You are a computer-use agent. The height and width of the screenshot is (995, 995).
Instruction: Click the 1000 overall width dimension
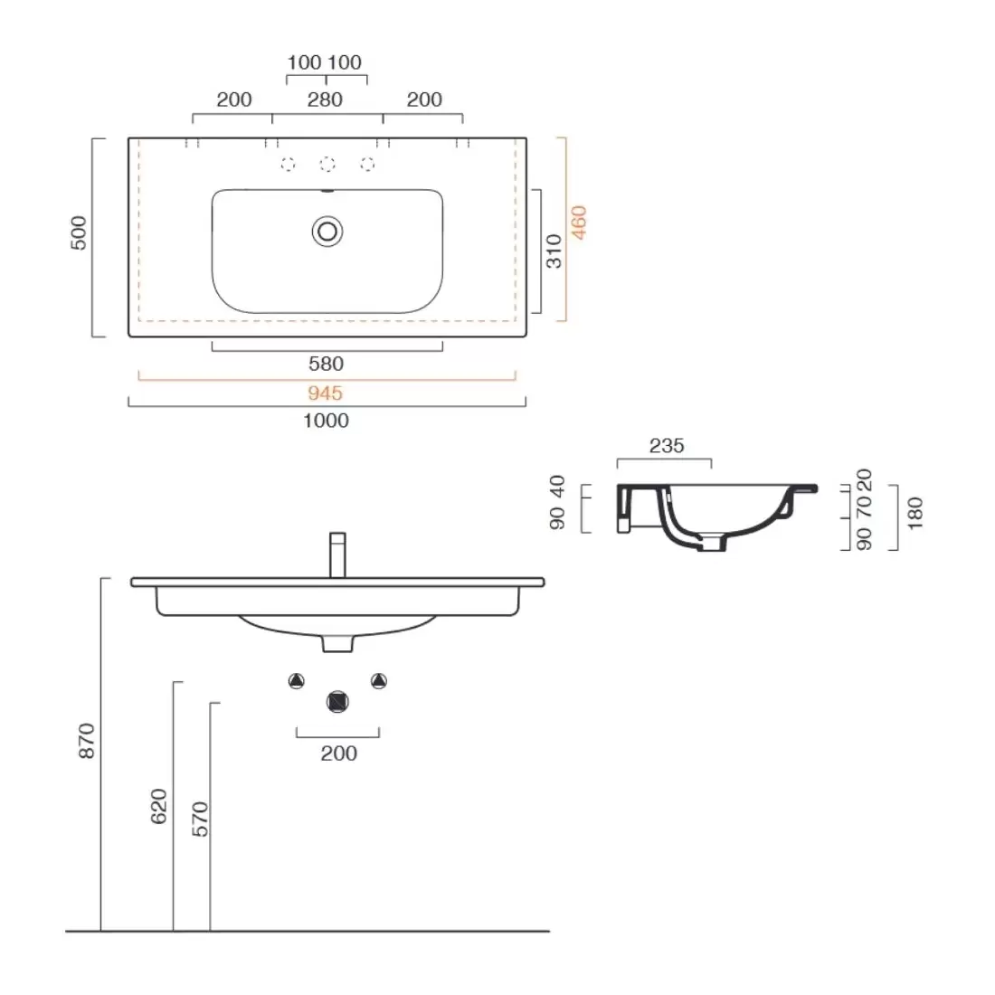click(x=327, y=421)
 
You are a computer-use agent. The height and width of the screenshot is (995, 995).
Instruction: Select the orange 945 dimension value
click(x=326, y=393)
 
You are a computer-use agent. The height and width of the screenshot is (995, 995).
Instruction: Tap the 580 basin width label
click(x=326, y=364)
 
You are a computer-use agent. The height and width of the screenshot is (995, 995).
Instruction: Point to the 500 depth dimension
click(x=79, y=233)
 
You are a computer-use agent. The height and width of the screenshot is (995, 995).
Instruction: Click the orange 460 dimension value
click(x=579, y=223)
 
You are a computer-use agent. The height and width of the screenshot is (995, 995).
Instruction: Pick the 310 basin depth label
click(x=554, y=251)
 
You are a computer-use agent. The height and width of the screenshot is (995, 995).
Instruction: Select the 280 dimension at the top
click(x=325, y=99)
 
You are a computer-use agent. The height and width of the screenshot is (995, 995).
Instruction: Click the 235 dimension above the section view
click(x=667, y=446)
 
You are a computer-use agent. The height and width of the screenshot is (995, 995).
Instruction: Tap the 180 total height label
click(x=915, y=512)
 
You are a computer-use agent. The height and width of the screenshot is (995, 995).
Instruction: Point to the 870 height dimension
click(x=86, y=742)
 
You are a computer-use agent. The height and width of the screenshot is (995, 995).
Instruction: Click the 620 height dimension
click(x=158, y=807)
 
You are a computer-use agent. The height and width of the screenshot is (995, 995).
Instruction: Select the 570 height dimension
click(x=200, y=819)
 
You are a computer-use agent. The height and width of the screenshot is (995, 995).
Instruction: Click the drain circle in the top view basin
click(x=327, y=232)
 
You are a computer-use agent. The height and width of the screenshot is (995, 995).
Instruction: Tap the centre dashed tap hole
click(x=327, y=164)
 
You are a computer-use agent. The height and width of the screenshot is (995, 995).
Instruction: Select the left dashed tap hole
click(x=288, y=164)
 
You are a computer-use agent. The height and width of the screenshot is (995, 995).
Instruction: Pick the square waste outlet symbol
click(x=337, y=701)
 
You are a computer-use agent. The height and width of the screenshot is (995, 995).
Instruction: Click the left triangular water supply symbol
click(x=296, y=681)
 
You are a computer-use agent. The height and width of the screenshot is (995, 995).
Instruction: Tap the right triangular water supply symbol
click(x=378, y=681)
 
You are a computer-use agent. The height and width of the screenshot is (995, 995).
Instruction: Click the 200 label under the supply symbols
click(x=338, y=753)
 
